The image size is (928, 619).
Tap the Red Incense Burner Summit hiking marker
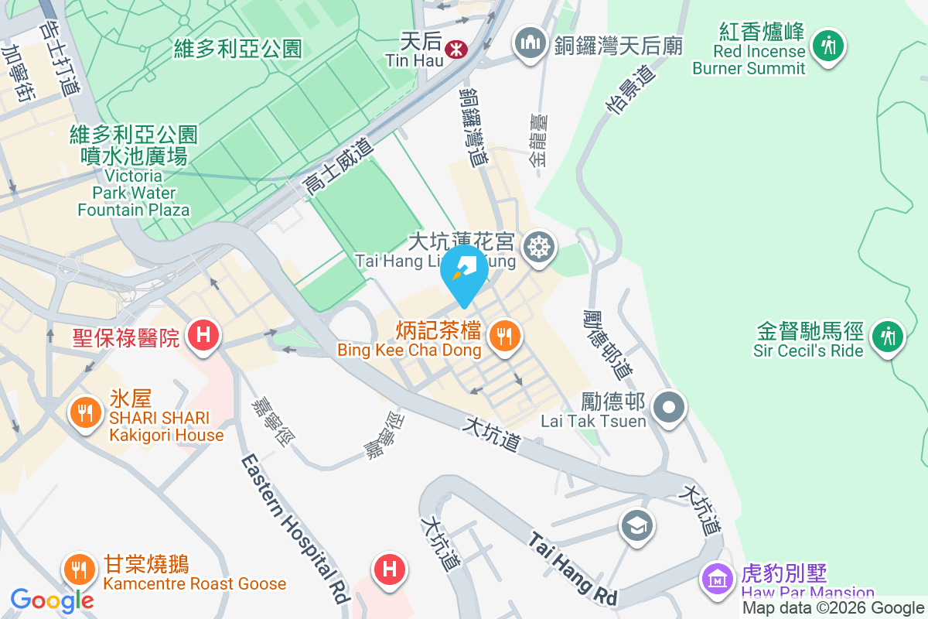pos(829,45)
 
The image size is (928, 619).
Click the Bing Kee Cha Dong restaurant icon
pos(504,336)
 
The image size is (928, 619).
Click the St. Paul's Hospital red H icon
pos(203,335)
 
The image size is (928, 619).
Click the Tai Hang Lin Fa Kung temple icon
pos(538,248)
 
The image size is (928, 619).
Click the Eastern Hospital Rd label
pos(295,529)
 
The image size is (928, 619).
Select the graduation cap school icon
pos(637,527)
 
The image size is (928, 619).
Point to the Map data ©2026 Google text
pos(833,608)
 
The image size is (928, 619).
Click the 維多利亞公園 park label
pos(238,50)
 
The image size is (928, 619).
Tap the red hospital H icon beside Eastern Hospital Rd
pos(390,569)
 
